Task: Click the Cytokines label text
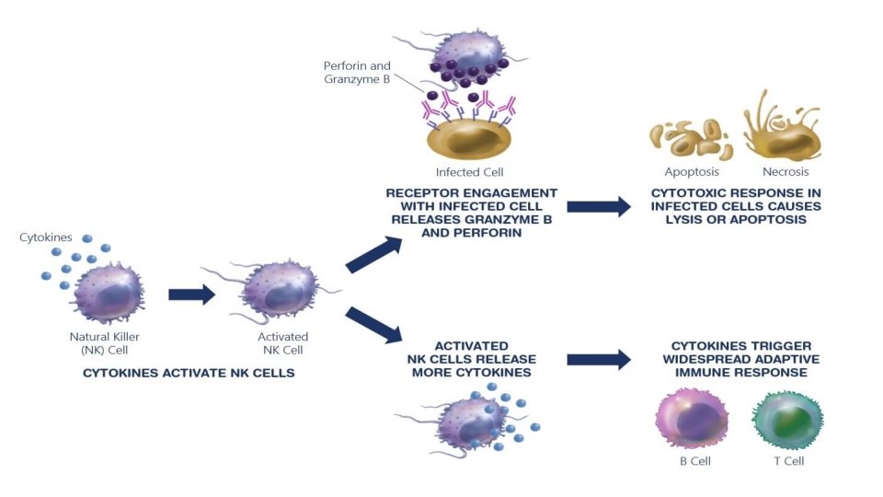(46, 237)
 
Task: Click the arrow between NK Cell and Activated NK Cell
(191, 295)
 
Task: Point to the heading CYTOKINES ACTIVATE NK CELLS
(189, 373)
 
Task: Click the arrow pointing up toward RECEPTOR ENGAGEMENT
(373, 255)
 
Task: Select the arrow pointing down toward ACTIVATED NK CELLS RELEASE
(373, 325)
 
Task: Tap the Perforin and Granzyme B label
(357, 72)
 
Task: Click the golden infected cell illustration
(469, 138)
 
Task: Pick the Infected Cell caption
(470, 172)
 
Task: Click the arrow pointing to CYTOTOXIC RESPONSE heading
(599, 207)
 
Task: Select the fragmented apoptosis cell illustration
(691, 139)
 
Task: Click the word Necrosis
(786, 171)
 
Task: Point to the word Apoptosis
(692, 172)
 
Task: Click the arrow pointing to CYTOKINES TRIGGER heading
(599, 360)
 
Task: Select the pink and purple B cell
(692, 419)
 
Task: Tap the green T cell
(788, 420)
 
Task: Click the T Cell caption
(789, 461)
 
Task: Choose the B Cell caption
(695, 461)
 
